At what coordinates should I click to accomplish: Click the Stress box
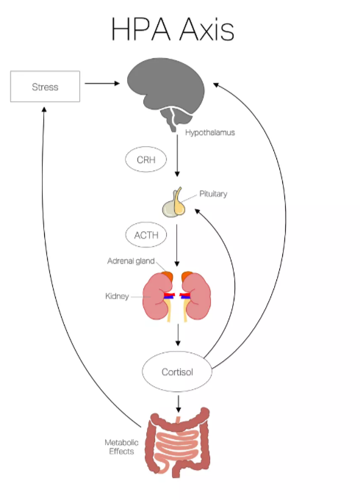point(45,87)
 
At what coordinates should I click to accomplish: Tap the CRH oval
point(146,159)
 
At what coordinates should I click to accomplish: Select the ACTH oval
point(146,235)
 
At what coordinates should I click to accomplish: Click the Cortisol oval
point(177,372)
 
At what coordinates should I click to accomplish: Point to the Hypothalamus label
point(210,133)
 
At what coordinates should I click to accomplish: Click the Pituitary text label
point(213,194)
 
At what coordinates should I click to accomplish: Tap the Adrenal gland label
point(131,261)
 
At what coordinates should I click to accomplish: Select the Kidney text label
point(117,296)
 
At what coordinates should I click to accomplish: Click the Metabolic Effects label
point(122,446)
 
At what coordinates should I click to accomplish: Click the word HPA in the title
point(141,29)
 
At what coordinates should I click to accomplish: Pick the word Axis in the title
point(206,29)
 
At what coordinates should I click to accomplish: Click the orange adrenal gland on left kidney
point(168,276)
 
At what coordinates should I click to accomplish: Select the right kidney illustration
point(196,296)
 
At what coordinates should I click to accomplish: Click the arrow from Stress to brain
point(102,84)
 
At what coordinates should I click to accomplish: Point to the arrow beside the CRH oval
point(177,156)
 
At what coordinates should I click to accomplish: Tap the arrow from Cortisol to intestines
point(179,404)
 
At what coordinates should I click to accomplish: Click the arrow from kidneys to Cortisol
point(178,335)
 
